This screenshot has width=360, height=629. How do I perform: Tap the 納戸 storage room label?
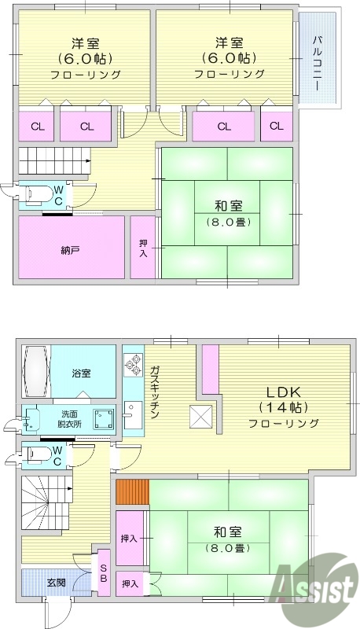70,249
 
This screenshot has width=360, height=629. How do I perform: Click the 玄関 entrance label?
56,583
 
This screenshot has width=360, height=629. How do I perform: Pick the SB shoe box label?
104,576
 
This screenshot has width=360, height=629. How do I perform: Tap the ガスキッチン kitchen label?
154,391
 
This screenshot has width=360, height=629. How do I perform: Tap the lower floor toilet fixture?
39,454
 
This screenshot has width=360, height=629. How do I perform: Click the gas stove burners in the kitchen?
132,369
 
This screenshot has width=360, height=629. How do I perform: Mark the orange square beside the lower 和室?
130,493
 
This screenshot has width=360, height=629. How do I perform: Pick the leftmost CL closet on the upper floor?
37,126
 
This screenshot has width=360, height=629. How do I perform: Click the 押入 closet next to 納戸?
143,248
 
